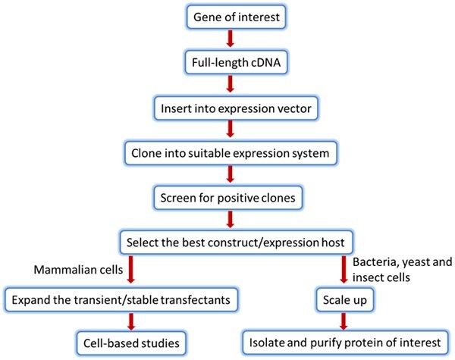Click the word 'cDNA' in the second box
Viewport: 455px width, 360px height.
[x=253, y=63]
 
